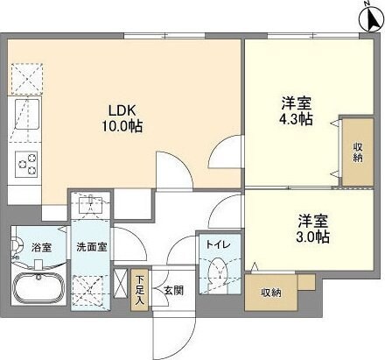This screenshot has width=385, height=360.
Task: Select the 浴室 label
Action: click(x=41, y=248)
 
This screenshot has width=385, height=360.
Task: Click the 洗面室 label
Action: click(x=91, y=248)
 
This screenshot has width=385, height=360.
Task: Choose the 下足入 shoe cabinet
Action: click(x=140, y=289)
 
